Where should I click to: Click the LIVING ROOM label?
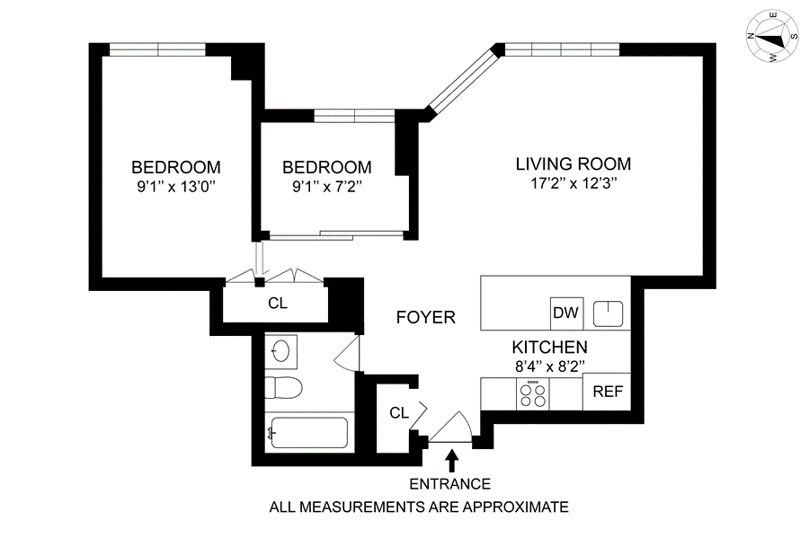573,163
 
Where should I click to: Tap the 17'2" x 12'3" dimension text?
573,183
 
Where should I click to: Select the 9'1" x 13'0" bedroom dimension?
176,187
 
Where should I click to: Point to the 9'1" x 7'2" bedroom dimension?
326,187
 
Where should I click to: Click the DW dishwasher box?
566,313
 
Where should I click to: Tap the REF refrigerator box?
608,392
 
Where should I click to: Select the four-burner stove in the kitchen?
532,394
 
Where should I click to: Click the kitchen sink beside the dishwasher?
608,313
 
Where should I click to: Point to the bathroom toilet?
283,387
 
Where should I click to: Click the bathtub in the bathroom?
308,433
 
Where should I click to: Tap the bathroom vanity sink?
281,351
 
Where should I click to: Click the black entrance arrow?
452,461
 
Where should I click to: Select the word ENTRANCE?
450,484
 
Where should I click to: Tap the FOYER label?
426,317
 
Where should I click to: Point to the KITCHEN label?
549,348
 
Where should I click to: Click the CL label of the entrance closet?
399,413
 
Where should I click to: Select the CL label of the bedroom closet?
278,304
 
